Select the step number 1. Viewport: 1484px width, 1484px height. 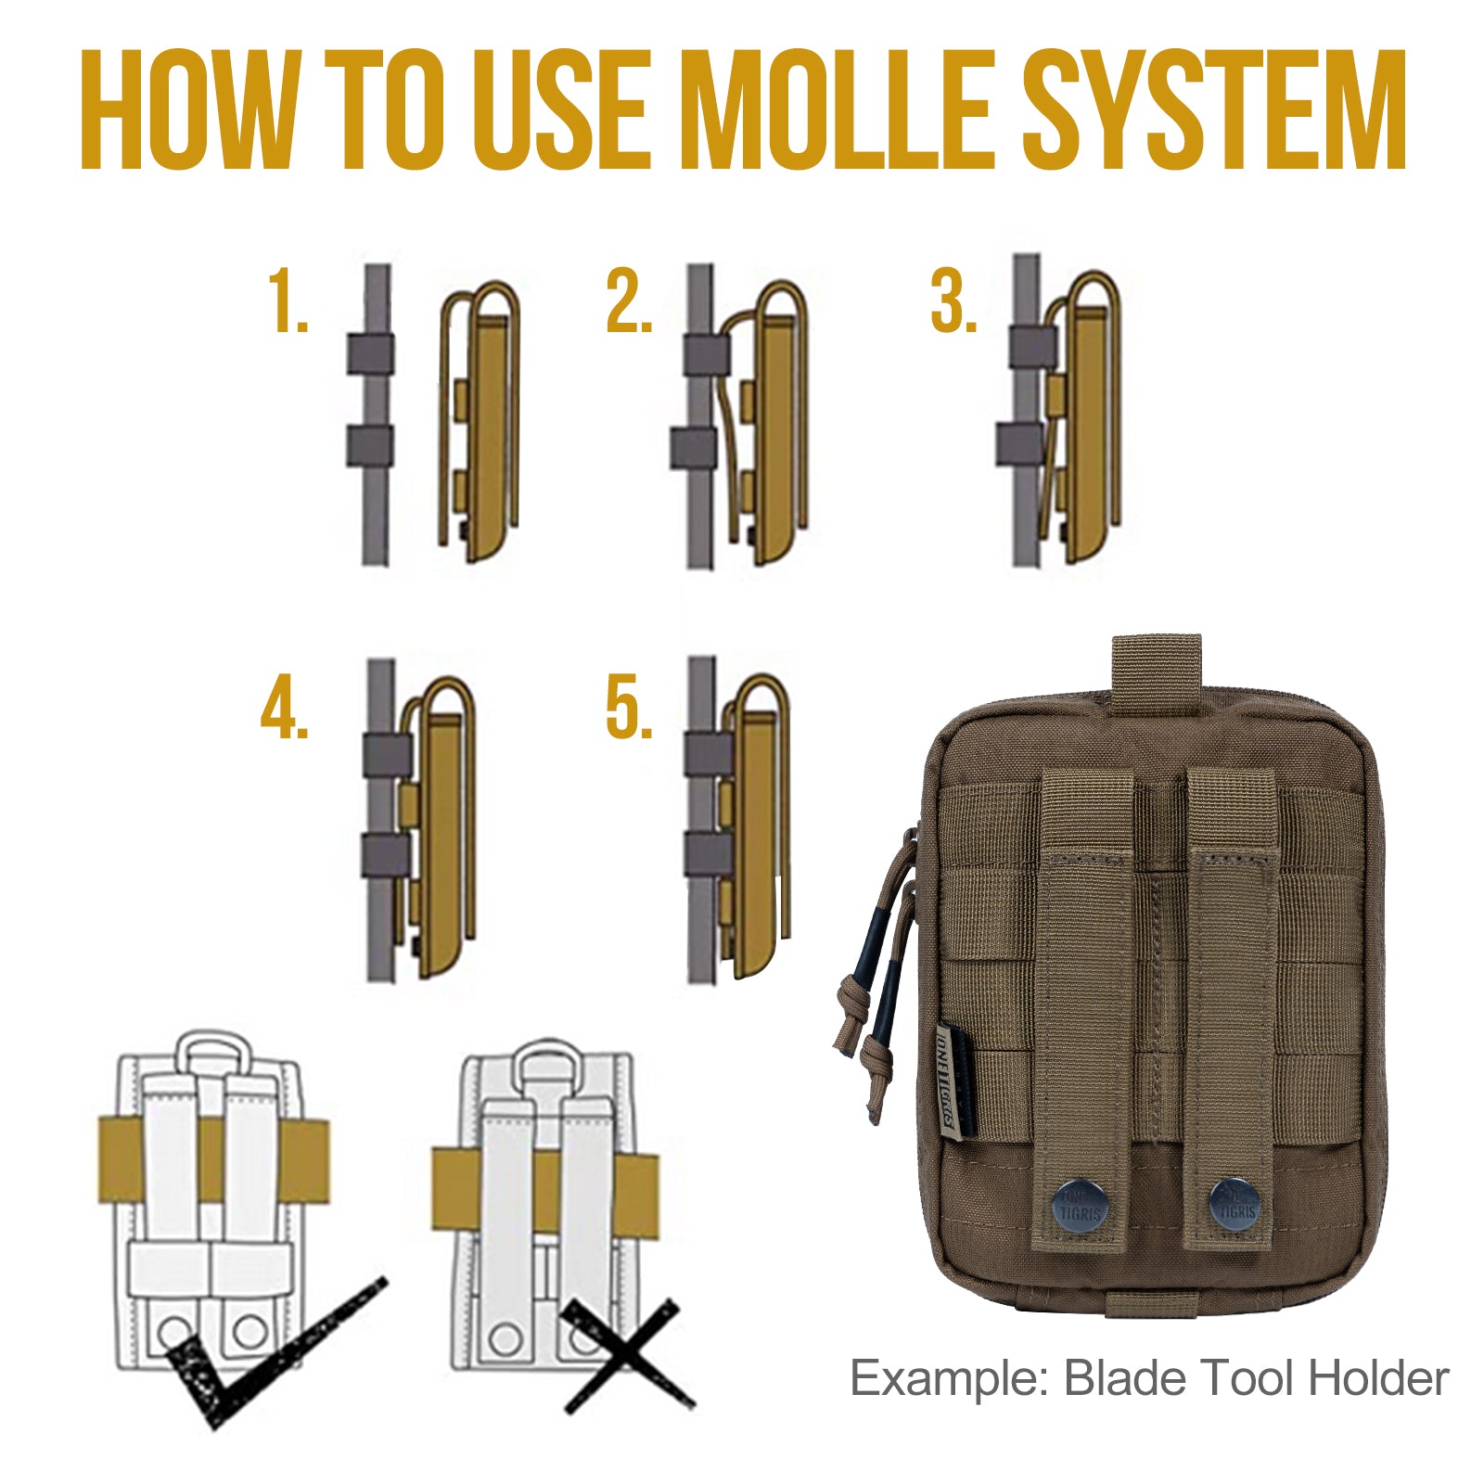(x=288, y=301)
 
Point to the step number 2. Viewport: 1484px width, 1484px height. (x=628, y=301)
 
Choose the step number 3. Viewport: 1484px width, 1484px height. (x=953, y=301)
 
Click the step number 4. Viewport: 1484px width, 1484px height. (x=284, y=710)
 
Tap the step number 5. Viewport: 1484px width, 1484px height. (x=628, y=710)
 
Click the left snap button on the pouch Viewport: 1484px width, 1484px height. (x=1081, y=1203)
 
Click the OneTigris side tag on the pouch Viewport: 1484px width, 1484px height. (x=956, y=1080)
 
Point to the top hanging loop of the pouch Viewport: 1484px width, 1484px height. (x=1157, y=663)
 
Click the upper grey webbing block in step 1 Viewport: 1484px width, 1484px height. (x=370, y=353)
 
